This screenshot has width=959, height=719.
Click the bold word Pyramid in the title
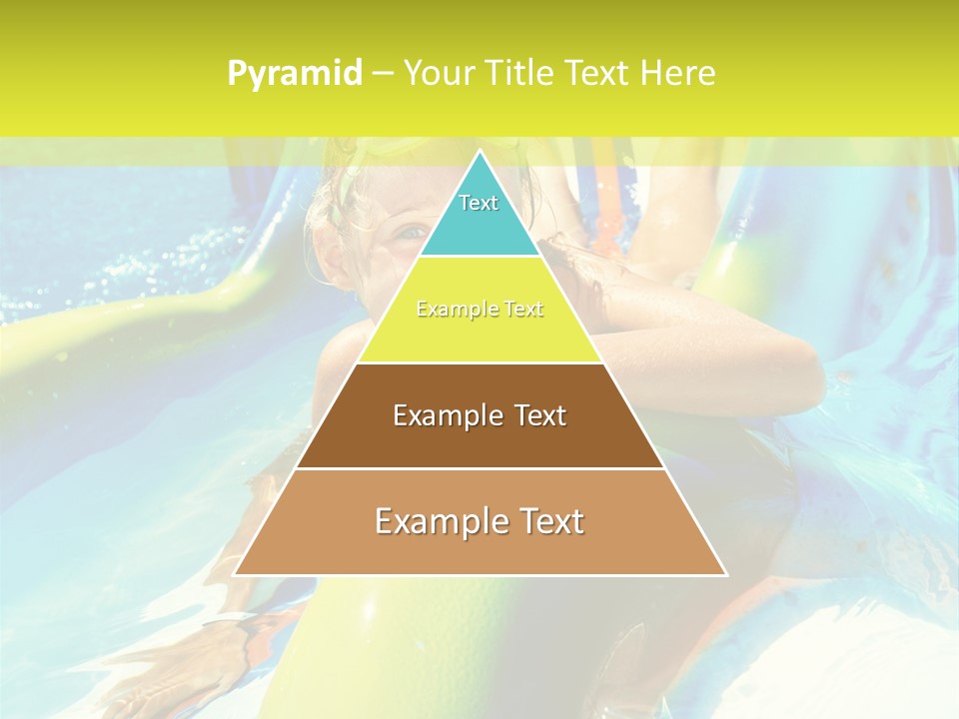(x=295, y=74)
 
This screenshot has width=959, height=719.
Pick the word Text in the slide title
(x=596, y=73)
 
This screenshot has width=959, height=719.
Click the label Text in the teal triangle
(x=479, y=203)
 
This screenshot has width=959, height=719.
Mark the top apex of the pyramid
(x=479, y=152)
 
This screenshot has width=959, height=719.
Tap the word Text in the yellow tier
(x=521, y=310)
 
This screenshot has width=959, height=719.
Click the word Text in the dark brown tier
(x=540, y=415)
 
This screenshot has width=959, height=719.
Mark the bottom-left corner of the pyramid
(x=235, y=574)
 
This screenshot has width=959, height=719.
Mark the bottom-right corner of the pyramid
(x=725, y=574)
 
